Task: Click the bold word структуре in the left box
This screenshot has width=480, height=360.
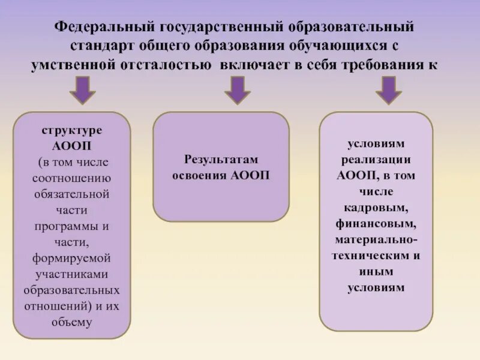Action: click(x=71, y=130)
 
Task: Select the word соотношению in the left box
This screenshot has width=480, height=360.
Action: click(x=71, y=178)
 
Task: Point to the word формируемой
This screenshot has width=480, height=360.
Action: click(x=71, y=258)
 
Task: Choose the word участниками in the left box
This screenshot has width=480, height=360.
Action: click(x=71, y=274)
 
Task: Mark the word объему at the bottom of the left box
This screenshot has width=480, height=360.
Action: click(x=71, y=322)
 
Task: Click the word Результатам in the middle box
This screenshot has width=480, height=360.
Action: click(x=221, y=160)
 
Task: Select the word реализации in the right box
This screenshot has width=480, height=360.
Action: click(x=376, y=160)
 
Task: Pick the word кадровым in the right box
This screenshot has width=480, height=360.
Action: click(x=376, y=207)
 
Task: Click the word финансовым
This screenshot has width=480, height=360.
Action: click(x=376, y=223)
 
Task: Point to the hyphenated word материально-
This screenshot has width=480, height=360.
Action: click(x=376, y=239)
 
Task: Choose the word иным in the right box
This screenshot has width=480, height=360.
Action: click(x=376, y=271)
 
